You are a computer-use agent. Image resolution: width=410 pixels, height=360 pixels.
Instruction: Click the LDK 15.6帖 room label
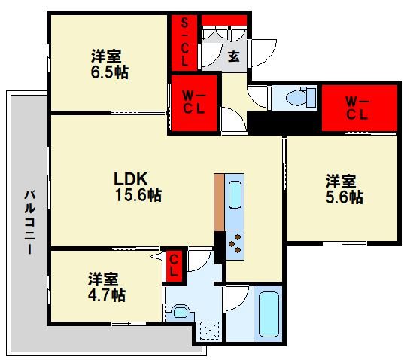[x=138, y=187]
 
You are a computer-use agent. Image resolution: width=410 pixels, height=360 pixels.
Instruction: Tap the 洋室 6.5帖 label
[x=110, y=64]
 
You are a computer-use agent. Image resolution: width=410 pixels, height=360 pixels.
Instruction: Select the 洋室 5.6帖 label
[x=345, y=189]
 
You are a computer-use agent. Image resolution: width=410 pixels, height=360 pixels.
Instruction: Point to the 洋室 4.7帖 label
[x=107, y=287]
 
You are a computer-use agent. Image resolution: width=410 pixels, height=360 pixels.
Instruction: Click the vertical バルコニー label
[x=30, y=222]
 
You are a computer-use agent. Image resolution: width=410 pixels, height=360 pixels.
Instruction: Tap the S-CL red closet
[x=184, y=43]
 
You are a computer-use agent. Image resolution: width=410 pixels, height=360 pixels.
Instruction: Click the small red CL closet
[x=174, y=267]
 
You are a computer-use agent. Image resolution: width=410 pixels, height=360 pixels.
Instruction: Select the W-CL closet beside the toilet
[x=360, y=108]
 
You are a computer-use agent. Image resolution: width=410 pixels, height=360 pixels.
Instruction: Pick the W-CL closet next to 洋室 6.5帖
[x=194, y=103]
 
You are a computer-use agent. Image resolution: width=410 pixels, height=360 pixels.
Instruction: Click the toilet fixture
[x=301, y=97]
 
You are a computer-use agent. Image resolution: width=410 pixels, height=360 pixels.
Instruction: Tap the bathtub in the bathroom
[x=268, y=314]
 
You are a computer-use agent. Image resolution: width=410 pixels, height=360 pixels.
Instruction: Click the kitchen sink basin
[x=235, y=194]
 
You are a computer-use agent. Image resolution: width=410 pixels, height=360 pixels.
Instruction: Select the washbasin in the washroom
[x=181, y=313]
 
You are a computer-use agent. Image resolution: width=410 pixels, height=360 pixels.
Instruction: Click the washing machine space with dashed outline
[x=209, y=331]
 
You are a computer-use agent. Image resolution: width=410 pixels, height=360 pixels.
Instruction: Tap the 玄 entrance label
[x=233, y=56]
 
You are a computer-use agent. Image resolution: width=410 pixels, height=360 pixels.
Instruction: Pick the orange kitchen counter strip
[x=219, y=203]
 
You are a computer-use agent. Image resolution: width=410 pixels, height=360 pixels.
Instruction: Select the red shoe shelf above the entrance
[x=224, y=20]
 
